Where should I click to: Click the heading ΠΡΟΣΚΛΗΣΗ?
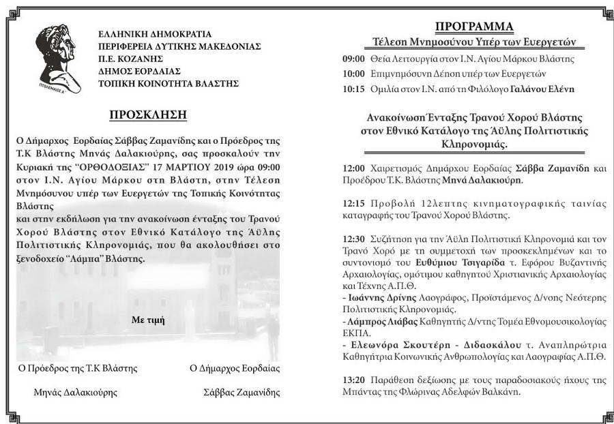[147, 114]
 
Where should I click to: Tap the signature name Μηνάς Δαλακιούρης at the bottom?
[75, 392]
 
